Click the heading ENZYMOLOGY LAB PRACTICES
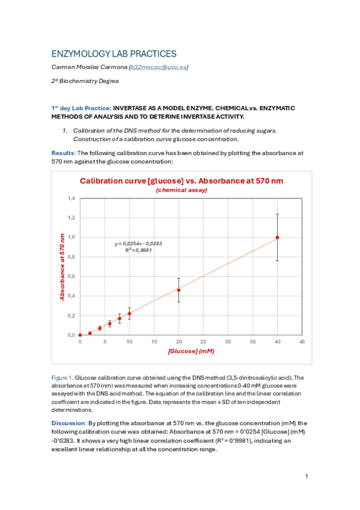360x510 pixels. coord(114,54)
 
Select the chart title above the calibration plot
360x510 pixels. coord(182,180)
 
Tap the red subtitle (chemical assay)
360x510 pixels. coord(182,190)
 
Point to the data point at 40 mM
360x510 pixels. coord(277,238)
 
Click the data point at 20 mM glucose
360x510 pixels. coord(178,290)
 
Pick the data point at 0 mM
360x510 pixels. coord(80,335)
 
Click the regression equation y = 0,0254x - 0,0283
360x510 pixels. coord(139,244)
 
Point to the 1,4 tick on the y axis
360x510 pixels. coord(71,198)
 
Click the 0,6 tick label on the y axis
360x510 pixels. coord(71,277)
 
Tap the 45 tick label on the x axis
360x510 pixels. coord(302,342)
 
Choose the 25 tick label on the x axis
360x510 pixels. coord(203,342)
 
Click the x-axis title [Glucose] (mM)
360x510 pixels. coord(191,351)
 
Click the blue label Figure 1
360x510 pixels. coord(63,378)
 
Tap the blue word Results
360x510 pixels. coord(63,153)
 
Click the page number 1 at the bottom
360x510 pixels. coord(307,477)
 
